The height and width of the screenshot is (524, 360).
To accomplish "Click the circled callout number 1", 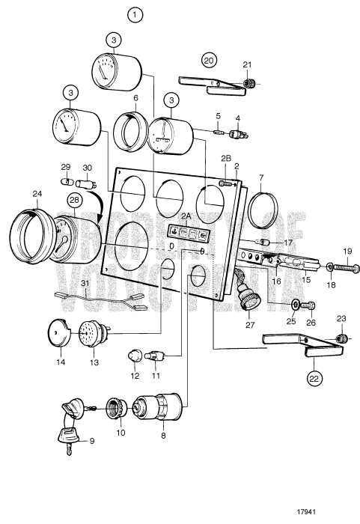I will [135, 14].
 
